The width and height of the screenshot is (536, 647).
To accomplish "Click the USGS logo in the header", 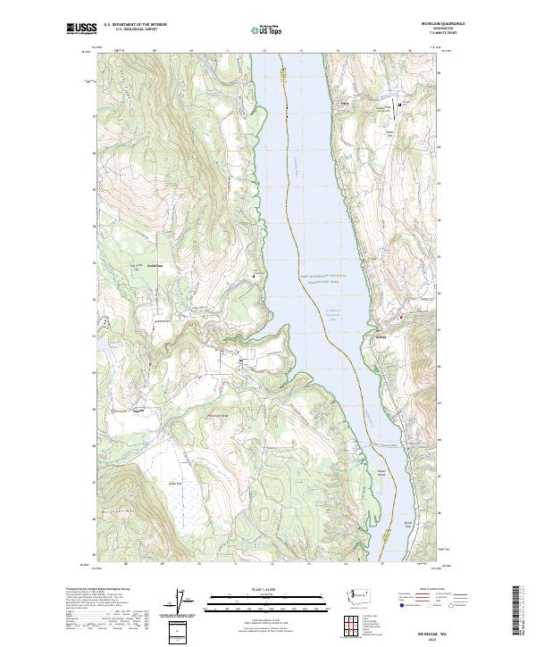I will coord(81,28).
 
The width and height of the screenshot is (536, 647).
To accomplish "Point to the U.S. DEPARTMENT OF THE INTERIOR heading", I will coord(136,24).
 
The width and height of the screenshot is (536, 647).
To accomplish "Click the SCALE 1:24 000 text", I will coord(264,588).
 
